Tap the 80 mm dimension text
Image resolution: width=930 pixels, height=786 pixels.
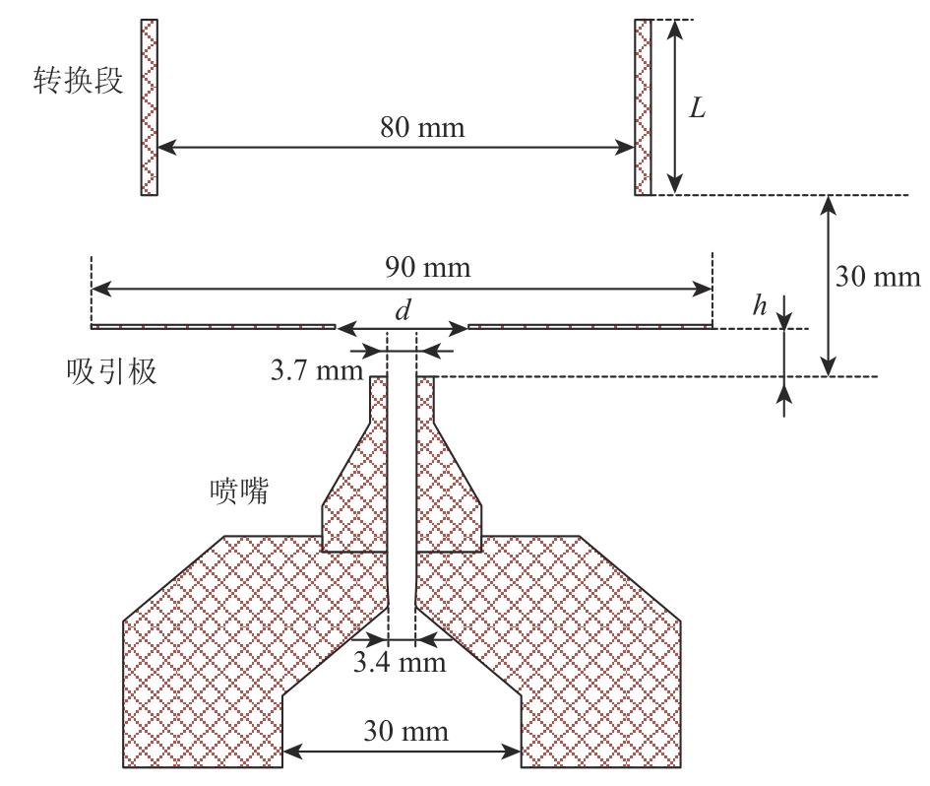[x=422, y=128]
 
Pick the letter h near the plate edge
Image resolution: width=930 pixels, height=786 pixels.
[x=759, y=306]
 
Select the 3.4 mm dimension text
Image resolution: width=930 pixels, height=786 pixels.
[x=400, y=662]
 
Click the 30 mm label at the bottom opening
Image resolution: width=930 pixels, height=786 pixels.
[x=405, y=732]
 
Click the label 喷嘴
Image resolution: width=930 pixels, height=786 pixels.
[x=239, y=490]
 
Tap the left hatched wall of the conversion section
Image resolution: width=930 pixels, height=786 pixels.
[x=150, y=107]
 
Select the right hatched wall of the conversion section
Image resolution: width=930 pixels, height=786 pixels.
[x=642, y=107]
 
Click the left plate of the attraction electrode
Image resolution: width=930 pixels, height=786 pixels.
[x=213, y=326]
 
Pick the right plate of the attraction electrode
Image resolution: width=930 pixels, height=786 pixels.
[x=589, y=326]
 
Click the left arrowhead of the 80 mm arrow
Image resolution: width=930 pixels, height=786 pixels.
[x=164, y=148]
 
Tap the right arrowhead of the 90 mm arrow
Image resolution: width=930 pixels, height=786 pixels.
[x=704, y=289]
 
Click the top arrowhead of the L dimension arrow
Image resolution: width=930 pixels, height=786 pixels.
[x=674, y=27]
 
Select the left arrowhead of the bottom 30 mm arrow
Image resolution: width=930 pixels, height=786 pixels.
[x=290, y=755]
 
